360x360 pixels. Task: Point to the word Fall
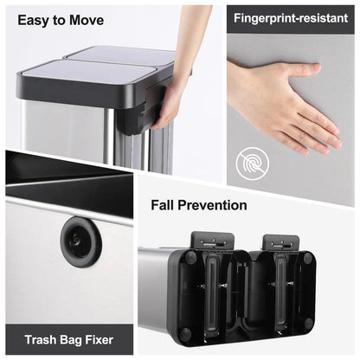pyautogui.click(x=168, y=205)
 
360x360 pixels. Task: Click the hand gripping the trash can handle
pyautogui.click(x=170, y=100)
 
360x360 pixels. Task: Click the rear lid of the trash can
pyautogui.click(x=121, y=55)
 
